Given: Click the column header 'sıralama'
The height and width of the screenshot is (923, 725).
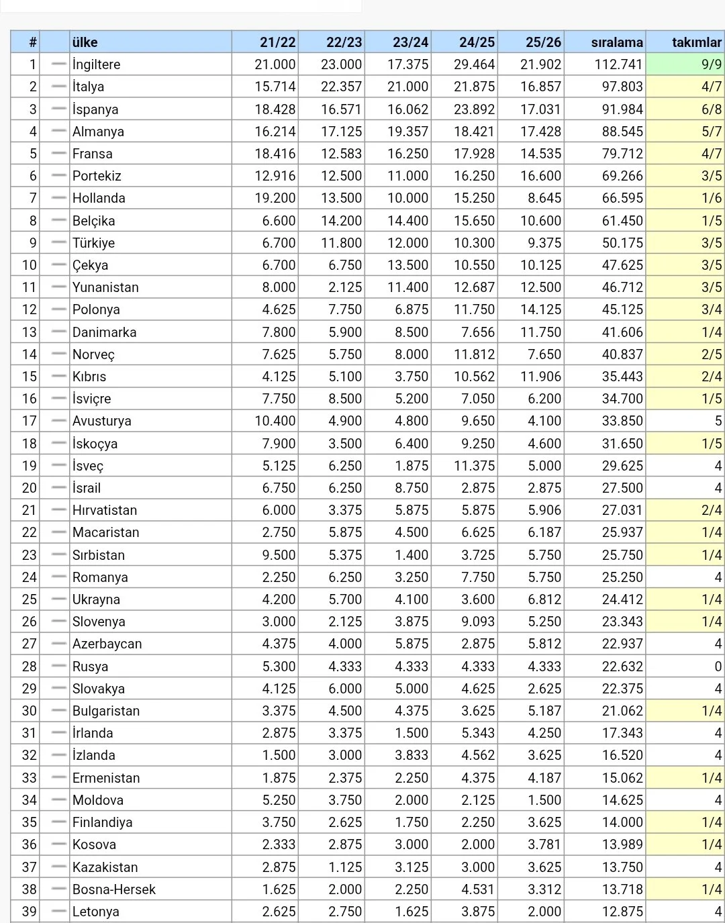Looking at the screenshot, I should pos(616,42).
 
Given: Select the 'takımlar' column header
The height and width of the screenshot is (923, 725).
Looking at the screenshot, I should pos(696,42).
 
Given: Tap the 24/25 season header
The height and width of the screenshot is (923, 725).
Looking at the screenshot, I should pos(477,42).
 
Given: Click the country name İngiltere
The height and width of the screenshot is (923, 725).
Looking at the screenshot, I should pos(97,64).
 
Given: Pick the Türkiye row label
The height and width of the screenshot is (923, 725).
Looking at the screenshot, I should pos(93,243).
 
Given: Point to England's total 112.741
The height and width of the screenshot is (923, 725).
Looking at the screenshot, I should pos(618,64).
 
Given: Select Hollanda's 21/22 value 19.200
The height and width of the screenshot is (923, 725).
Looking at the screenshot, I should pos(275,198).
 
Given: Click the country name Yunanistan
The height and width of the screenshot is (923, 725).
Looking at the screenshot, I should pos(105,287).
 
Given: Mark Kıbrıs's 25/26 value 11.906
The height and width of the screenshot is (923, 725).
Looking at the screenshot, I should pos(540,377).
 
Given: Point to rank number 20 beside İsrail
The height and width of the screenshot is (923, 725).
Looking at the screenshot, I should pos(29,488).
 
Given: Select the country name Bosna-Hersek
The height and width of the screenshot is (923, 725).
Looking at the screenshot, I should pos(114,889).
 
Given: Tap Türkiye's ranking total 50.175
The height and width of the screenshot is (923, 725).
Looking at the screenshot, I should pos(622,243).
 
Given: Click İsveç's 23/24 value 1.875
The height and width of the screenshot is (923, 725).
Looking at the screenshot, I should pos(411,466).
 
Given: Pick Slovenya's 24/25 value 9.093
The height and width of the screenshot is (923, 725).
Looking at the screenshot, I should pos(477,622).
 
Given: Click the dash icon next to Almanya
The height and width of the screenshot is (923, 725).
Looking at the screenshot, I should pos(59,131).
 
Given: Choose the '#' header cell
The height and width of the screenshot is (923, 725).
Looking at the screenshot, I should pos(32,42).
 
